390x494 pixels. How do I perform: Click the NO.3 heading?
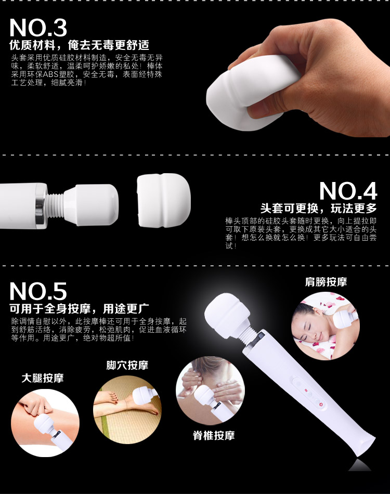coord(38,28)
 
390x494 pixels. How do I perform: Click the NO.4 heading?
coord(348,191)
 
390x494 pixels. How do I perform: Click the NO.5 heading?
coord(38,291)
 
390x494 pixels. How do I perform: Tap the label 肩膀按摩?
coord(326,282)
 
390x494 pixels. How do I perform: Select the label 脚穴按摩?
coord(127,365)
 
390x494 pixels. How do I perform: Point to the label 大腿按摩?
coord(43,378)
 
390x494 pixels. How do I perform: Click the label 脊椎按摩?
coord(214,435)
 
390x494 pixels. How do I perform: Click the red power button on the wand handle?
coord(321,404)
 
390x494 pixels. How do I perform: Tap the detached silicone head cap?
coord(164,200)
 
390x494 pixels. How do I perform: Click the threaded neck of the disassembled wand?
coord(56,205)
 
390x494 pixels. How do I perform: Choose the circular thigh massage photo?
coord(45,423)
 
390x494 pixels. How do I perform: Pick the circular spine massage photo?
coord(210,391)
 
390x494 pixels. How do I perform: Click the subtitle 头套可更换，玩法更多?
coord(318,208)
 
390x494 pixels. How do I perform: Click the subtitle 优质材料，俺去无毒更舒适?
coord(80,45)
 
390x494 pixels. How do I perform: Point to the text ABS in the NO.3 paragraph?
coord(51,75)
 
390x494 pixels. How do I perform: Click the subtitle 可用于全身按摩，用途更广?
coord(80,308)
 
